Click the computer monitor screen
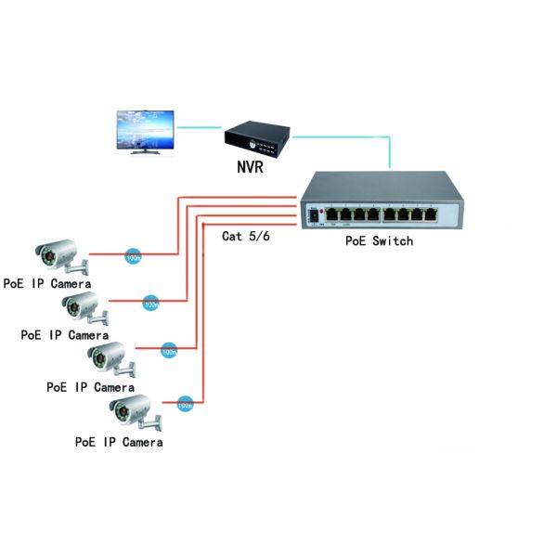click(145, 130)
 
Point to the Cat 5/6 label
click(245, 236)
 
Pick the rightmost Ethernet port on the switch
click(431, 214)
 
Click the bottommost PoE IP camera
click(135, 412)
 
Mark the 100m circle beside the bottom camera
click(185, 404)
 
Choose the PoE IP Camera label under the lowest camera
click(119, 442)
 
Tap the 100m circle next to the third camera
click(169, 352)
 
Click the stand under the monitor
click(145, 153)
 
